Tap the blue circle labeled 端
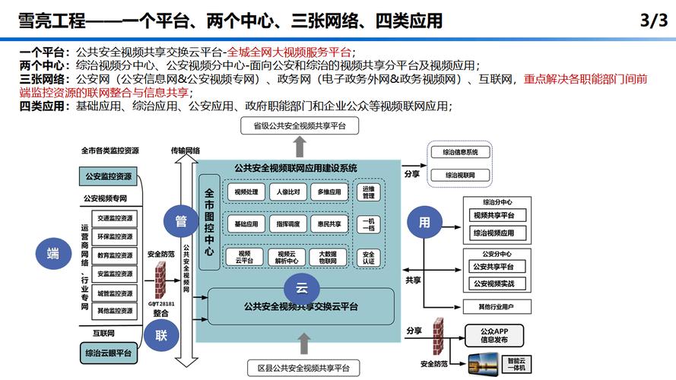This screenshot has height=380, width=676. tap(52, 254)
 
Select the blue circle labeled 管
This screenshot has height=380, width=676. tap(181, 222)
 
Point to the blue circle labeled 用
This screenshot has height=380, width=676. tap(424, 222)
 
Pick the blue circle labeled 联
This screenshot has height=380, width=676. tap(161, 335)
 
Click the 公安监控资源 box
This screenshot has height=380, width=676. tap(108, 177)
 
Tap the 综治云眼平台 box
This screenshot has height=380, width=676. tap(108, 353)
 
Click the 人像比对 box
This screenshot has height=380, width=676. tap(287, 192)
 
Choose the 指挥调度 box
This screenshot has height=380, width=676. tap(287, 224)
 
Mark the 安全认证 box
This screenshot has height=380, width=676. tap(368, 258)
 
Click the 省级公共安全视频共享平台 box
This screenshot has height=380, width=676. tap(300, 126)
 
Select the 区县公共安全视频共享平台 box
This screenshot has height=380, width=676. tap(299, 369)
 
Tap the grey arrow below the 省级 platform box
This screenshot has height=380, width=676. tap(300, 147)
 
